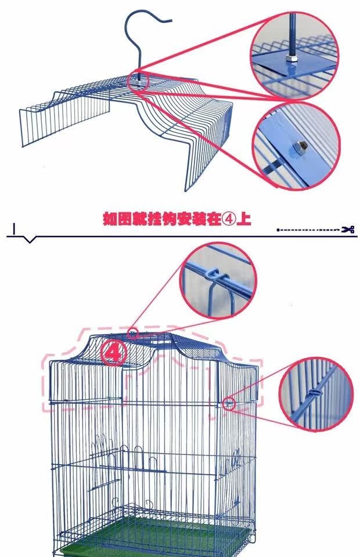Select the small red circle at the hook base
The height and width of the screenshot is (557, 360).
tap(140, 79)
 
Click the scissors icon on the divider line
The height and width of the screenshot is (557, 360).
tap(348, 230)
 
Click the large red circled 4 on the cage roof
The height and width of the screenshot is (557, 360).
tap(114, 353)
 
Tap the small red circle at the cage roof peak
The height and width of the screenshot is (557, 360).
tap(133, 334)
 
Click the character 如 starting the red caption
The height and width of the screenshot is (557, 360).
tap(109, 219)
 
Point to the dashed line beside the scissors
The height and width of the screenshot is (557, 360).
tap(308, 230)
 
